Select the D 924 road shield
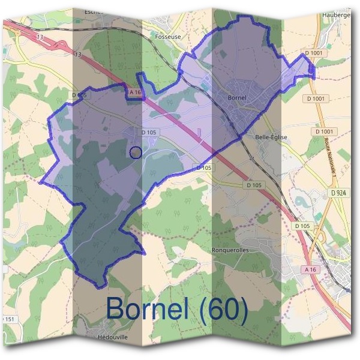point(338,193)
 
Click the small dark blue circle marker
point(136,152)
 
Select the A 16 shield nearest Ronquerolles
point(310,270)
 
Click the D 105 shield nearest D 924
point(302,226)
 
